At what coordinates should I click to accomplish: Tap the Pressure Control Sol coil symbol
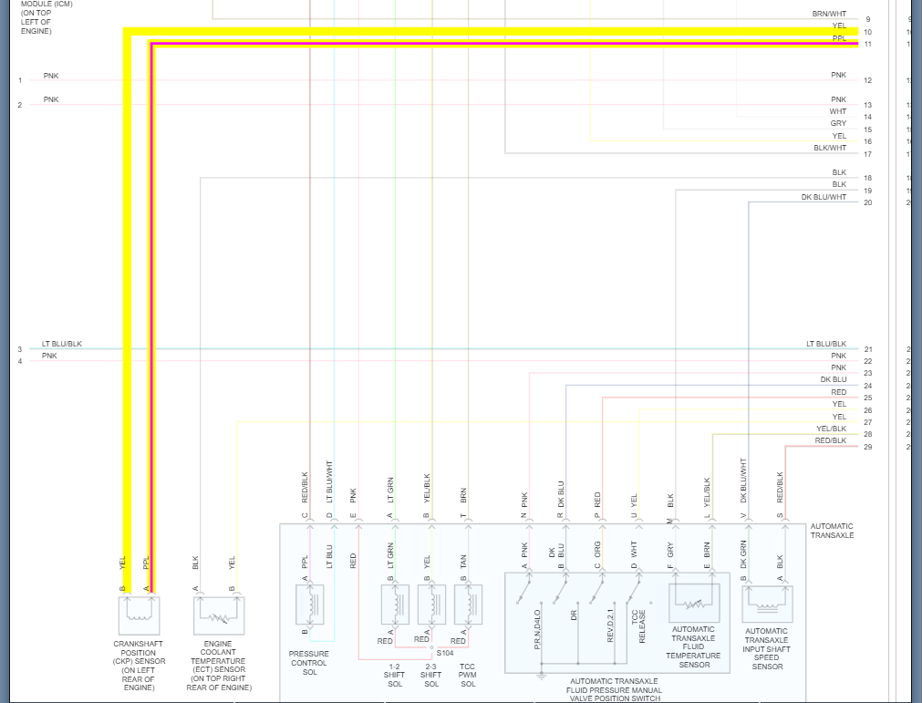(310, 605)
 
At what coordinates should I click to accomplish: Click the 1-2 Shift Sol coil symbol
(395, 605)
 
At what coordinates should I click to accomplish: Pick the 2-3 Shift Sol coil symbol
(431, 605)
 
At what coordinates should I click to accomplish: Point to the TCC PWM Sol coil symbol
(469, 605)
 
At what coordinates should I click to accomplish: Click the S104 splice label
(445, 653)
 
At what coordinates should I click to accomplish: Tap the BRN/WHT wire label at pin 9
(829, 15)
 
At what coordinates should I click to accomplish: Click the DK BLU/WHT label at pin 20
(824, 197)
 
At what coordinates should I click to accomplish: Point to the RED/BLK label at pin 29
(830, 441)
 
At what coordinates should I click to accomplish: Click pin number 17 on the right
(868, 154)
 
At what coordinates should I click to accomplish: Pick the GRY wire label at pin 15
(838, 123)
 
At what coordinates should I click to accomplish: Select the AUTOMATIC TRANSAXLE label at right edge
(832, 531)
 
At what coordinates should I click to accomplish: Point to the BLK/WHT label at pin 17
(830, 148)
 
